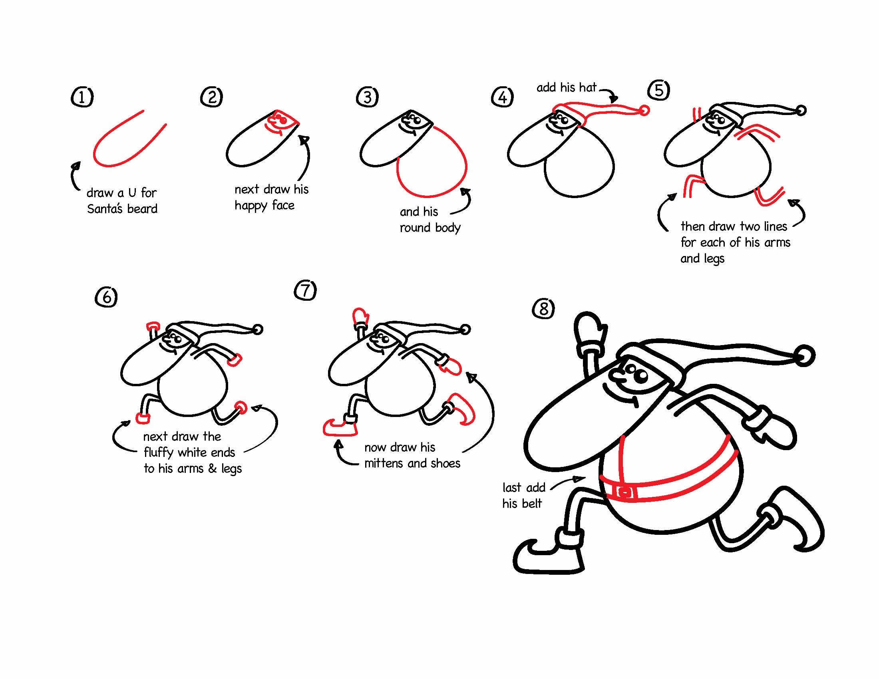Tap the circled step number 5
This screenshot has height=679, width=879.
659,90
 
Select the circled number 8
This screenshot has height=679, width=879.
543,309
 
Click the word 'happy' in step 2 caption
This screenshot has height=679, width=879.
251,206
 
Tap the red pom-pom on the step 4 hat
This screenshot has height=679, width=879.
644,110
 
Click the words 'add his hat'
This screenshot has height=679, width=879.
566,87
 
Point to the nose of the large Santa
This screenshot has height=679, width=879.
615,377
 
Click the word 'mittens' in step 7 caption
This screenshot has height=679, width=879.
384,463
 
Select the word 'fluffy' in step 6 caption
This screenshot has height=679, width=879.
159,453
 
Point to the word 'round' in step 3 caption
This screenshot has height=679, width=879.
415,228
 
